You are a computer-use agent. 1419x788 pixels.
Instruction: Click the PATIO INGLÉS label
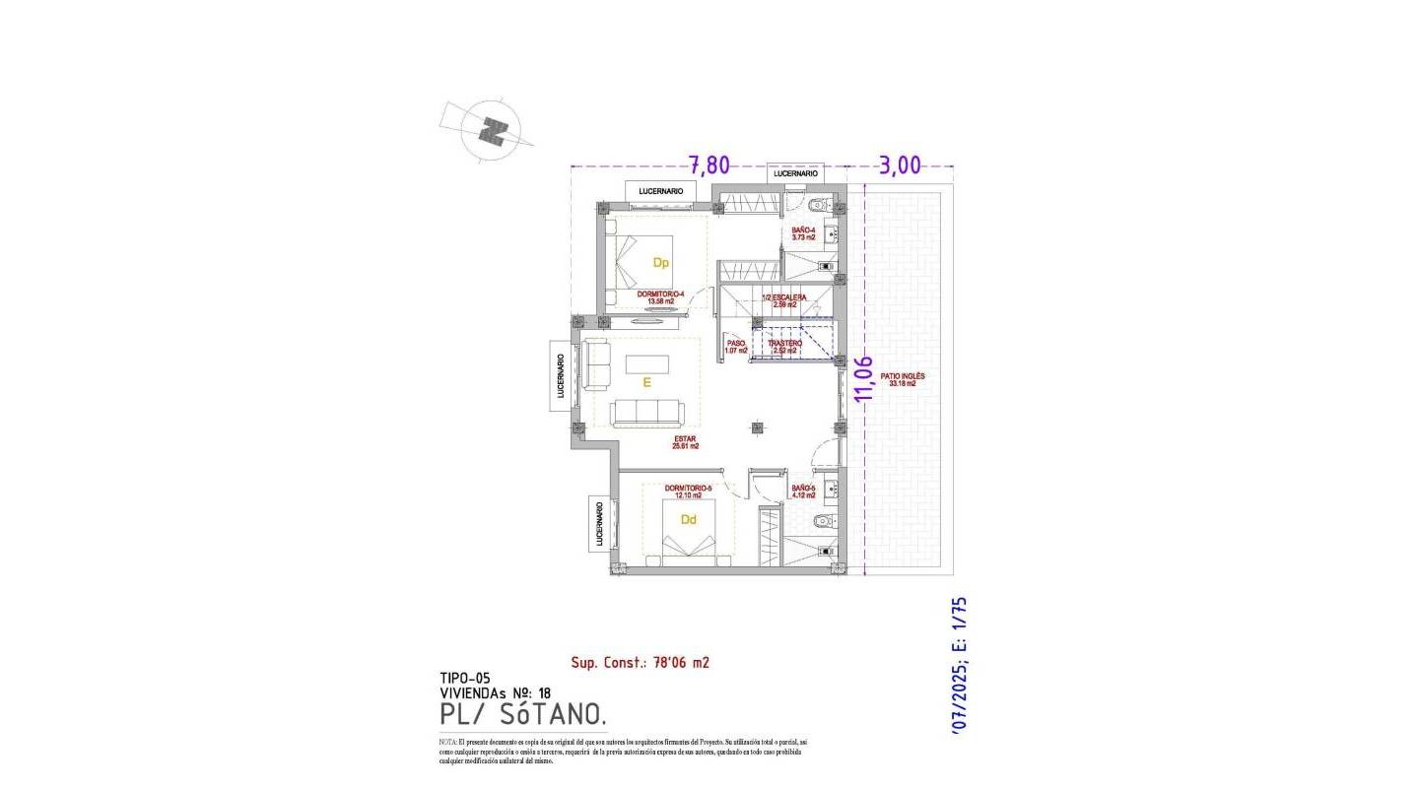click(903, 379)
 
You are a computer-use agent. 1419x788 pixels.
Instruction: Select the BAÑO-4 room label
click(804, 233)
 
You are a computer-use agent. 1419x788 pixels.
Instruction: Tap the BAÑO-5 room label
click(803, 492)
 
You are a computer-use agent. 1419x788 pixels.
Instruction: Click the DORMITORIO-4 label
click(661, 296)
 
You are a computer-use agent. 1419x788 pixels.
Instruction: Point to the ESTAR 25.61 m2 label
click(686, 442)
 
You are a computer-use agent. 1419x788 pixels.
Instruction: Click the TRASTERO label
click(785, 346)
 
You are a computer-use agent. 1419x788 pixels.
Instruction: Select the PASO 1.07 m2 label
click(736, 346)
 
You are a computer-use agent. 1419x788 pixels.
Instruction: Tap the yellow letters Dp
click(661, 263)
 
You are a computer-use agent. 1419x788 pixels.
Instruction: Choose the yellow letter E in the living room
click(646, 384)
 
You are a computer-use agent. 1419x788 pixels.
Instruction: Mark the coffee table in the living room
click(647, 363)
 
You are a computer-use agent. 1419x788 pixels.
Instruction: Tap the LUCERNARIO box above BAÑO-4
click(795, 173)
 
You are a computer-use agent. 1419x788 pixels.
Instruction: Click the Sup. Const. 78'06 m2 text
click(640, 663)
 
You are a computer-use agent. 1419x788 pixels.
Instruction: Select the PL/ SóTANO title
click(516, 712)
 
